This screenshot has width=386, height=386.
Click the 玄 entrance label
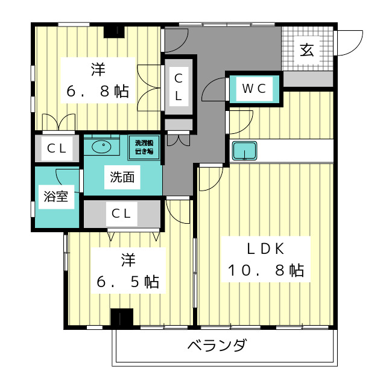(x=307, y=50)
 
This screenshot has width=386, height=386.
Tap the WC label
(x=254, y=89)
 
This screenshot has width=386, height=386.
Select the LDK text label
(x=264, y=248)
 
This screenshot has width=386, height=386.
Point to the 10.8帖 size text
(x=265, y=270)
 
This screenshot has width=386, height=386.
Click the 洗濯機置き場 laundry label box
(x=145, y=147)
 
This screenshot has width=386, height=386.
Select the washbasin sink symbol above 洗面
(x=103, y=146)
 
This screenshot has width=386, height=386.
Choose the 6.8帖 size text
(x=96, y=92)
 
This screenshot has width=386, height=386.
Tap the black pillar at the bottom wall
(x=121, y=318)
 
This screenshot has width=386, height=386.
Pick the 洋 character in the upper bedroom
(x=96, y=69)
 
